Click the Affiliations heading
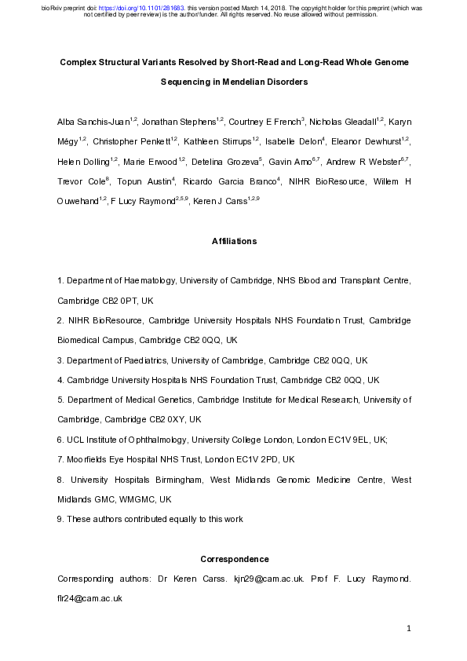234,241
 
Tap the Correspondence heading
234,560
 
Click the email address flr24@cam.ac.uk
89,598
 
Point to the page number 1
409,629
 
